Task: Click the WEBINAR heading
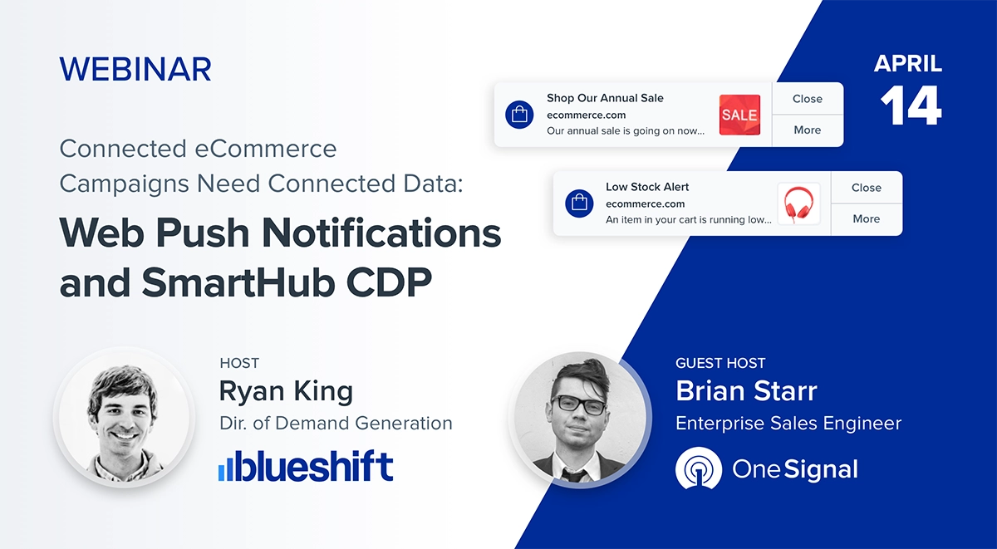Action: tap(135, 69)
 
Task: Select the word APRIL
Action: tap(908, 64)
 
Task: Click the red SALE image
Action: tap(739, 115)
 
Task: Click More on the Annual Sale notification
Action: tap(807, 130)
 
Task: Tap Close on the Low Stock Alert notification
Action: tap(866, 188)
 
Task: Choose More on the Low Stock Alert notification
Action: tap(866, 219)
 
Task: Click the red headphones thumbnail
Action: tap(798, 203)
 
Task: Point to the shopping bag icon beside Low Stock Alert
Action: tap(578, 203)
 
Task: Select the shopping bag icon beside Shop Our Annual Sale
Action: tap(519, 115)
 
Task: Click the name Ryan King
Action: tap(286, 390)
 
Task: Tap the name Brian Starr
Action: tap(746, 390)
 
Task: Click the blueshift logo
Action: tap(306, 467)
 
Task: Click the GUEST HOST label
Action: tap(720, 363)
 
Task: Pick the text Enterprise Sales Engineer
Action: tap(788, 424)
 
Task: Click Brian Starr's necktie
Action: tap(573, 476)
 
